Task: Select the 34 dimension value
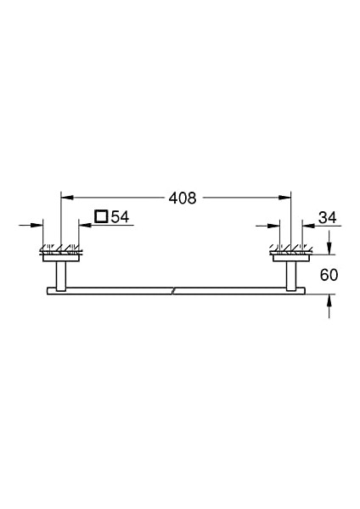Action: pos(327,219)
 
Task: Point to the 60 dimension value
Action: pos(328,273)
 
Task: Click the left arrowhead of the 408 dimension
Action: pos(65,199)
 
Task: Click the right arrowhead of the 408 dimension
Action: pos(287,199)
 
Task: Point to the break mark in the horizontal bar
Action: pos(175,292)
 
